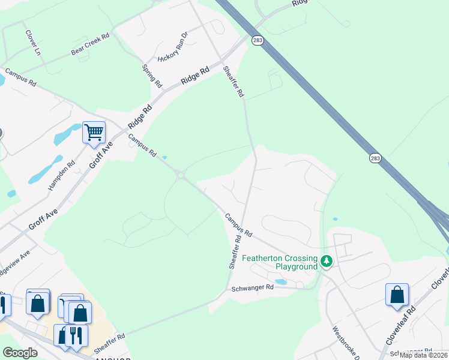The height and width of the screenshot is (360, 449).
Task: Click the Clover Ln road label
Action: coord(32,40)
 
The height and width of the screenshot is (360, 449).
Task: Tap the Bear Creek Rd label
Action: coord(90,44)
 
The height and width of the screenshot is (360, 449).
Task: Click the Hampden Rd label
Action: coord(62,172)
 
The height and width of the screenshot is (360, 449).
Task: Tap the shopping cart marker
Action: coord(94,131)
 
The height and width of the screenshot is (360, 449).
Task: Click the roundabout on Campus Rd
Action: coord(180,175)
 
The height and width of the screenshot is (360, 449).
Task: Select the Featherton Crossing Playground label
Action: coord(280,262)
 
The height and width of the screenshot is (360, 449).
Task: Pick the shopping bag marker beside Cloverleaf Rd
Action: coord(397,295)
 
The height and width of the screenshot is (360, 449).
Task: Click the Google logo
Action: coord(20,353)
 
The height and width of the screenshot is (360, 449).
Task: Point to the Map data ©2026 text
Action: coord(424,355)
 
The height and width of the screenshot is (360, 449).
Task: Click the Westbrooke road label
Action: coord(346,343)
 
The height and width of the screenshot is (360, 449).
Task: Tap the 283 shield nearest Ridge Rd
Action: coord(258,39)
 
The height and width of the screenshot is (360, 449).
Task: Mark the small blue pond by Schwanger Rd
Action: coord(280,281)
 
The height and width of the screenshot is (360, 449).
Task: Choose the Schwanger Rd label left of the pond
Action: coord(252,288)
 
